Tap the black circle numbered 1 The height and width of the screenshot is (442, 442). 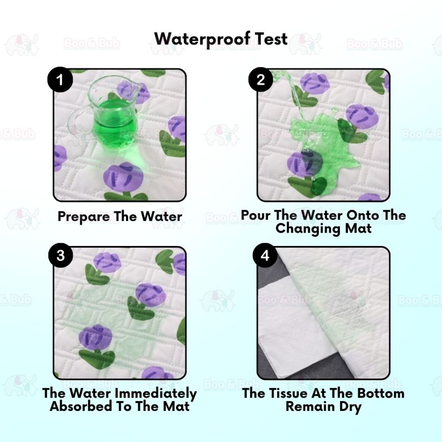click(60, 80)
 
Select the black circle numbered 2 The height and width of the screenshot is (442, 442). click(261, 80)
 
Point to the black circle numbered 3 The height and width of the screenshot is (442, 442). click(60, 256)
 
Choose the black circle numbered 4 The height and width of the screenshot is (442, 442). click(265, 256)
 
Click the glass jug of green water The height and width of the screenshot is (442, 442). click(114, 114)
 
